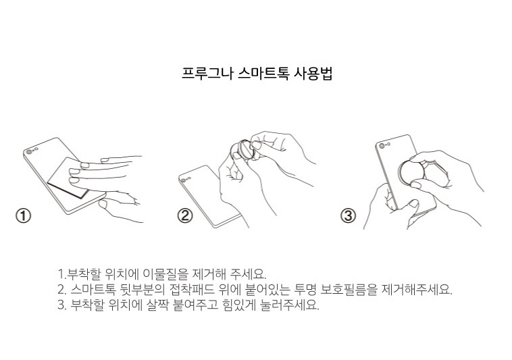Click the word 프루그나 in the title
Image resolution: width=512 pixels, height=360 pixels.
tap(207, 73)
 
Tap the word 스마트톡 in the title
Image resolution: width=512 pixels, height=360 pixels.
tap(263, 73)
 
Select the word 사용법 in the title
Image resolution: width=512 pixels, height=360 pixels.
tap(313, 73)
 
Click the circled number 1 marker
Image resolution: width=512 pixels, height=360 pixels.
tap(23, 215)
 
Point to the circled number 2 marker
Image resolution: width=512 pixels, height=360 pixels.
tap(185, 215)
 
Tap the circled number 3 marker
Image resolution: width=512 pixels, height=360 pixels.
tap(348, 215)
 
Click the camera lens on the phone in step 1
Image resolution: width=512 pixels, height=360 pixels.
tap(30, 151)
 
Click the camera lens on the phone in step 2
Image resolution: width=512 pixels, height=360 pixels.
tap(184, 180)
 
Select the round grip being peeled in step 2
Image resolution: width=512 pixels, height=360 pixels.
tap(245, 149)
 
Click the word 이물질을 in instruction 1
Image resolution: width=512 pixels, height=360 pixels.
tap(165, 274)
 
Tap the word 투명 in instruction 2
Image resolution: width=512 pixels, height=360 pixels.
tap(305, 289)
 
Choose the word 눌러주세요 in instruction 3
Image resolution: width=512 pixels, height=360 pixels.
tap(289, 305)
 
